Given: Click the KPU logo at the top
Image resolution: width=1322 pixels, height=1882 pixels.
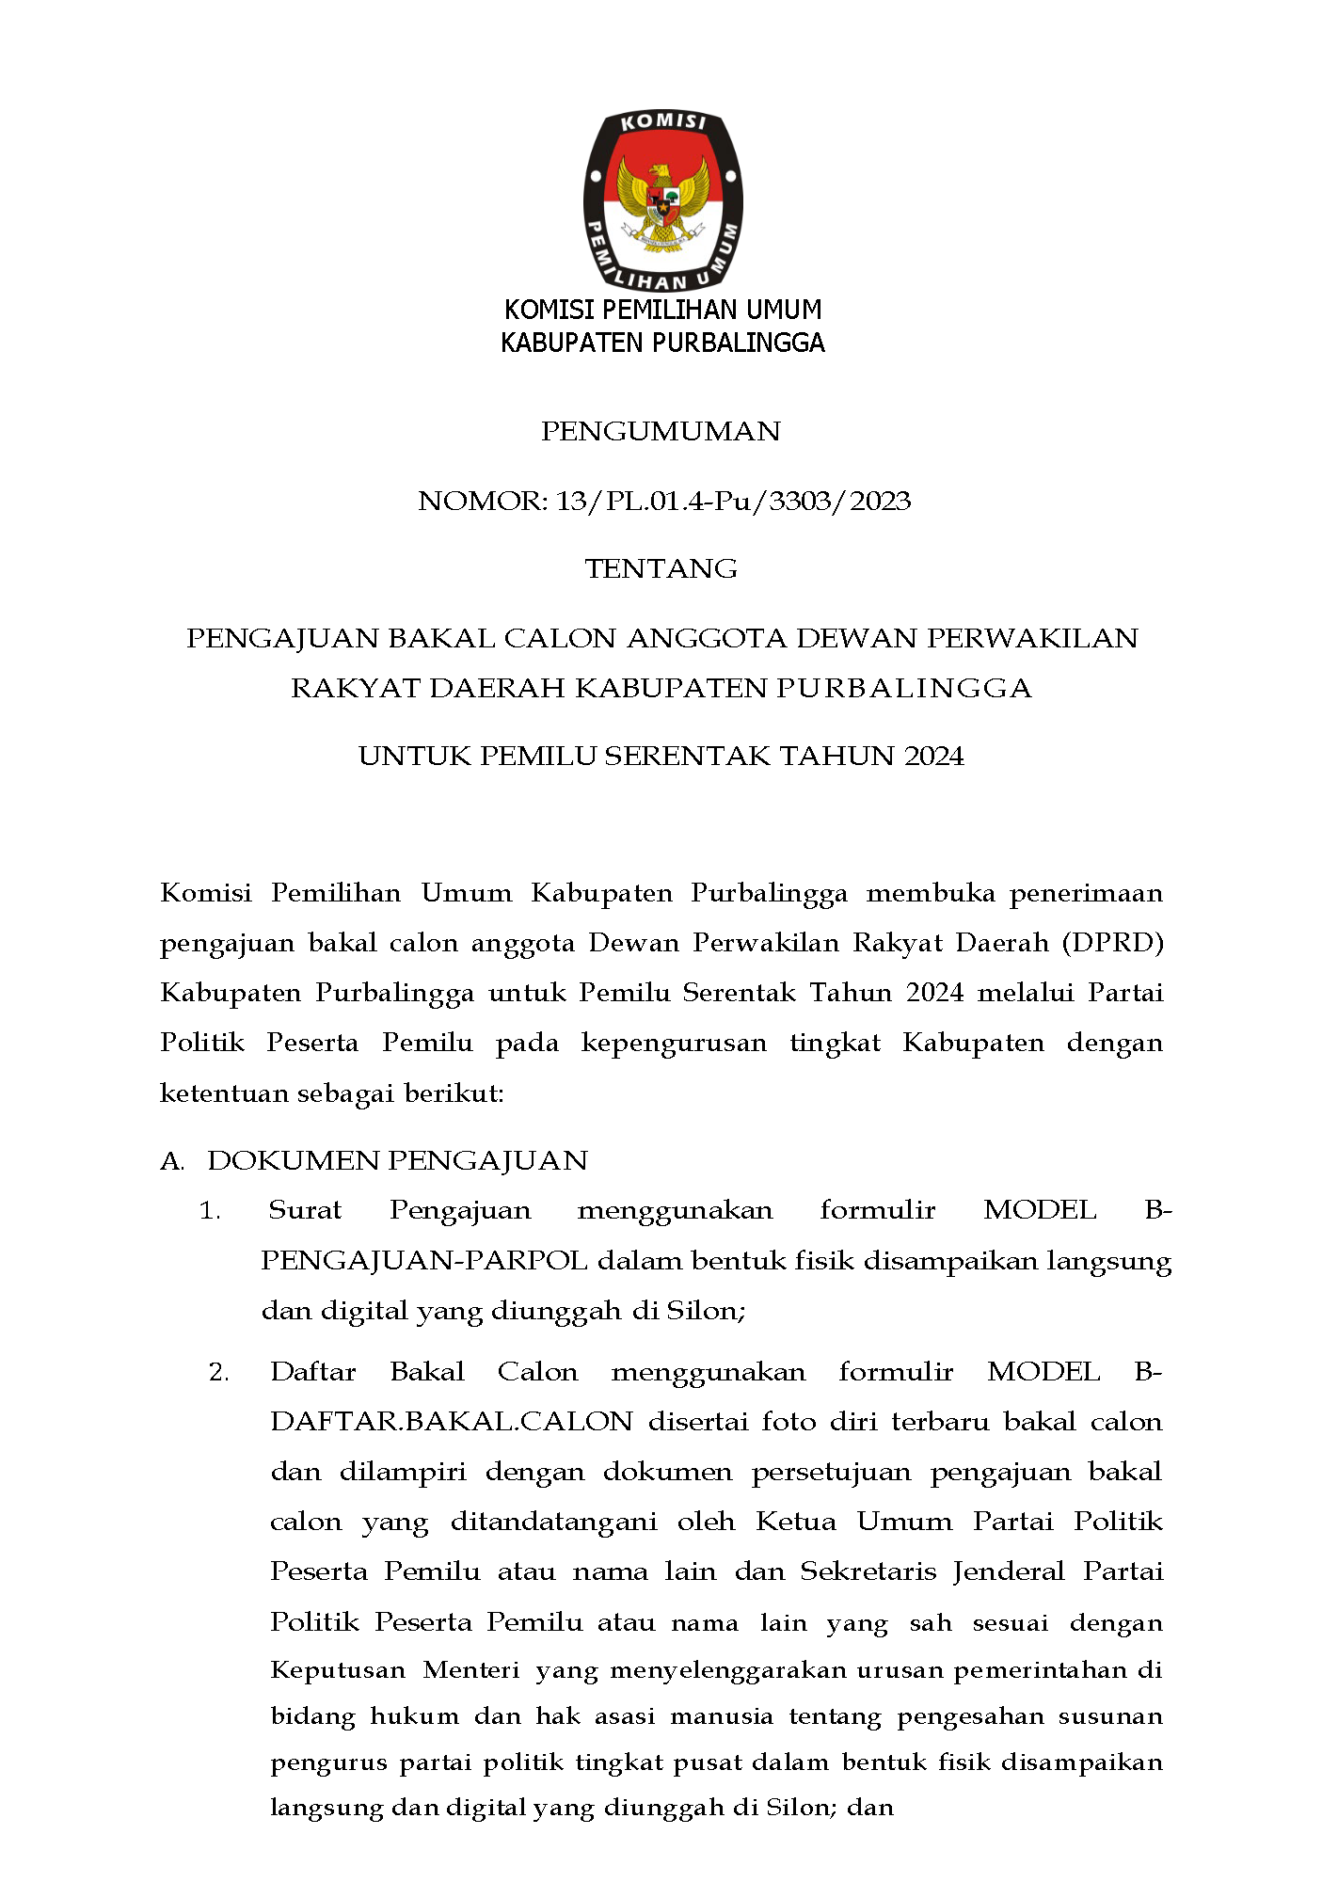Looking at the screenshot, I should pyautogui.click(x=662, y=200).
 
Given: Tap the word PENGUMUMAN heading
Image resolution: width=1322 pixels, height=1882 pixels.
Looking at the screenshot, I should pyautogui.click(x=661, y=432).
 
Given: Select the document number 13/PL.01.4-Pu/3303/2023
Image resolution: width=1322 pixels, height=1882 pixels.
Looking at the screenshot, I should pyautogui.click(x=733, y=501).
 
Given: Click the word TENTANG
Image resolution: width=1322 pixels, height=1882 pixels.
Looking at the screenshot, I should pyautogui.click(x=661, y=569).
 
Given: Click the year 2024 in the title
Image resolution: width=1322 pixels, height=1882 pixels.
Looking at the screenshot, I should pyautogui.click(x=933, y=757).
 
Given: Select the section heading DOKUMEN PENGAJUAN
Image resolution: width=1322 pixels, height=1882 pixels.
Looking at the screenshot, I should pyautogui.click(x=397, y=1161).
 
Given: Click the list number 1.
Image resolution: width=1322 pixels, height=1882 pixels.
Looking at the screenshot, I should pyautogui.click(x=209, y=1211).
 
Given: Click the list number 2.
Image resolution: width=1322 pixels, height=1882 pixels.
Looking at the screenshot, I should pyautogui.click(x=218, y=1373).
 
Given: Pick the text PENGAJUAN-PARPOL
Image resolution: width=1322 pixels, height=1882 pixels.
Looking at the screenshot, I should pyautogui.click(x=424, y=1261).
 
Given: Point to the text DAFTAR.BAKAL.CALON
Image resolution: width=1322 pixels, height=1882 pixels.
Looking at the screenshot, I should pyautogui.click(x=452, y=1422).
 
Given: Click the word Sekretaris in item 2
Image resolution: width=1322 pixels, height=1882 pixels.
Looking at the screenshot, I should pyautogui.click(x=867, y=1571).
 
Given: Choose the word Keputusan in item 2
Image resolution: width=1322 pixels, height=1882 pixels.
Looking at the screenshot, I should pyautogui.click(x=337, y=1670).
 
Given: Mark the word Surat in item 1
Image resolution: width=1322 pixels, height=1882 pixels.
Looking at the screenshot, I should pyautogui.click(x=305, y=1211).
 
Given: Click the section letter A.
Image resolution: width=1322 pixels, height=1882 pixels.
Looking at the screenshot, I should pyautogui.click(x=171, y=1161).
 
